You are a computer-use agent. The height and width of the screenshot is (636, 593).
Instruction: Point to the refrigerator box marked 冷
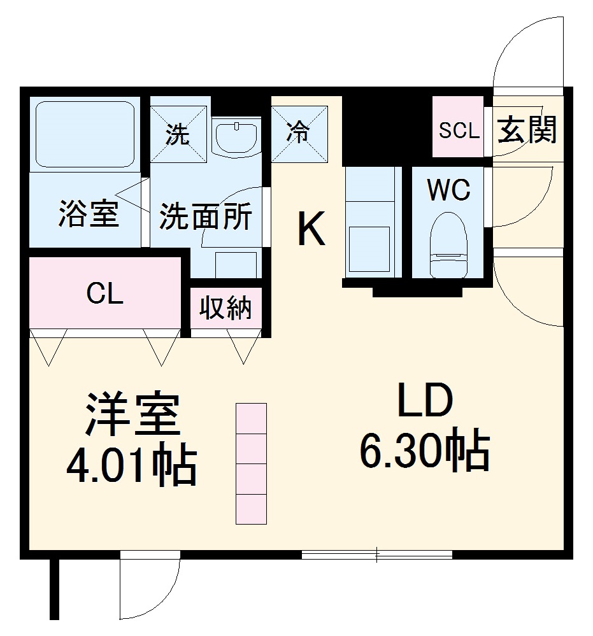pos(297,132)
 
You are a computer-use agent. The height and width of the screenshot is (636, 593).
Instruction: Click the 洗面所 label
pos(204,217)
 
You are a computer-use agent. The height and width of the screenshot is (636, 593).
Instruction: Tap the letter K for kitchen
pos(311,229)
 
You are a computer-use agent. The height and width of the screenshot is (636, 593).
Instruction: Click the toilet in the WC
pos(449,245)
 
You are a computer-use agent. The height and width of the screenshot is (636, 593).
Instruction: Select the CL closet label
pos(105,294)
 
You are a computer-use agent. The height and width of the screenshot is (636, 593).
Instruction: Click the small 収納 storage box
pos(226,309)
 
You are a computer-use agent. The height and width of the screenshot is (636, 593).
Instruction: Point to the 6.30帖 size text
pos(425,451)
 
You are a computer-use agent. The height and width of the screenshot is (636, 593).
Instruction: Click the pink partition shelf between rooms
pos(251,463)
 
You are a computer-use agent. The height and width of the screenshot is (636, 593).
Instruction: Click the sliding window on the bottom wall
pos(376,555)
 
